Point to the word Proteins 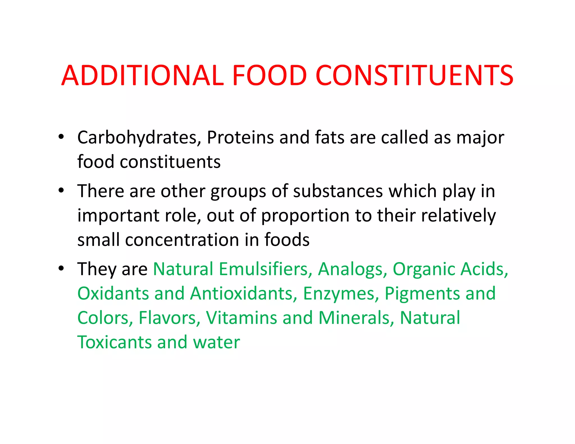(x=240, y=138)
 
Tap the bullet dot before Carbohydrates (x=61, y=137)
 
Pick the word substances (x=338, y=191)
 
